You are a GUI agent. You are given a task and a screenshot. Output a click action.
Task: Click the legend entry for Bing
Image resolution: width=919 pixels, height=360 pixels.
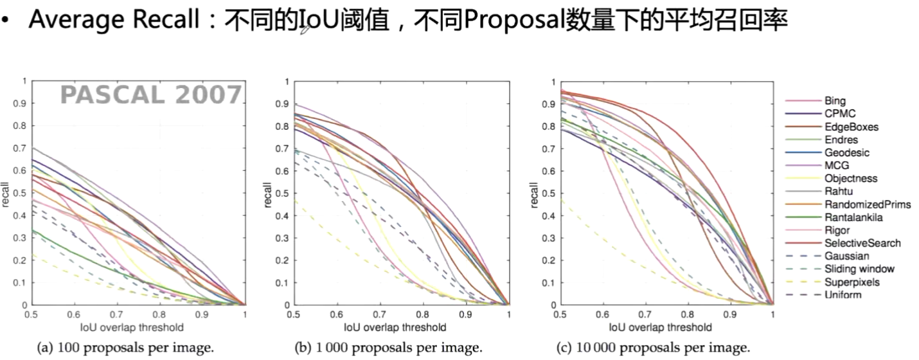835,101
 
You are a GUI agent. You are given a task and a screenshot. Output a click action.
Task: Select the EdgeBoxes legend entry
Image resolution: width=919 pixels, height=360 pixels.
851,127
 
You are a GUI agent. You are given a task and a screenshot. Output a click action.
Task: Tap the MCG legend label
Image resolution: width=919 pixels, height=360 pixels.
836,165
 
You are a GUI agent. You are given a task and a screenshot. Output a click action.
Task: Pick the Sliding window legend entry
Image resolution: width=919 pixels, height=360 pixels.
859,269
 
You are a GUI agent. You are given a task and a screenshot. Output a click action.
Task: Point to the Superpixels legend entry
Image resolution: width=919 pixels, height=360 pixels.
852,282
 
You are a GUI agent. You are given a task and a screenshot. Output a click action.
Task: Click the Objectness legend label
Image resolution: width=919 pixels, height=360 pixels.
850,178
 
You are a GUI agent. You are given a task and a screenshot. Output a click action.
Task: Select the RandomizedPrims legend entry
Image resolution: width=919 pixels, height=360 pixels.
867,204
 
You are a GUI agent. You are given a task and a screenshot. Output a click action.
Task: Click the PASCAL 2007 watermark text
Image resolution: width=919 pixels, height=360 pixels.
151,95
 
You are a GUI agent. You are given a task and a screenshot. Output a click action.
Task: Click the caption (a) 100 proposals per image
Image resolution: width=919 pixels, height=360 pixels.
125,348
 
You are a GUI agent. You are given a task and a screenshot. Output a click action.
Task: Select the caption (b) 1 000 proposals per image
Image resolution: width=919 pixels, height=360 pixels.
388,348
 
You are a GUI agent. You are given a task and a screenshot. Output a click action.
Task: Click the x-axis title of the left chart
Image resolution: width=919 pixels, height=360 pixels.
132,327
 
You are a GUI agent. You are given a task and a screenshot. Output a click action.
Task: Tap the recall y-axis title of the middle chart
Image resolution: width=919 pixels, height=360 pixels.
267,194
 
